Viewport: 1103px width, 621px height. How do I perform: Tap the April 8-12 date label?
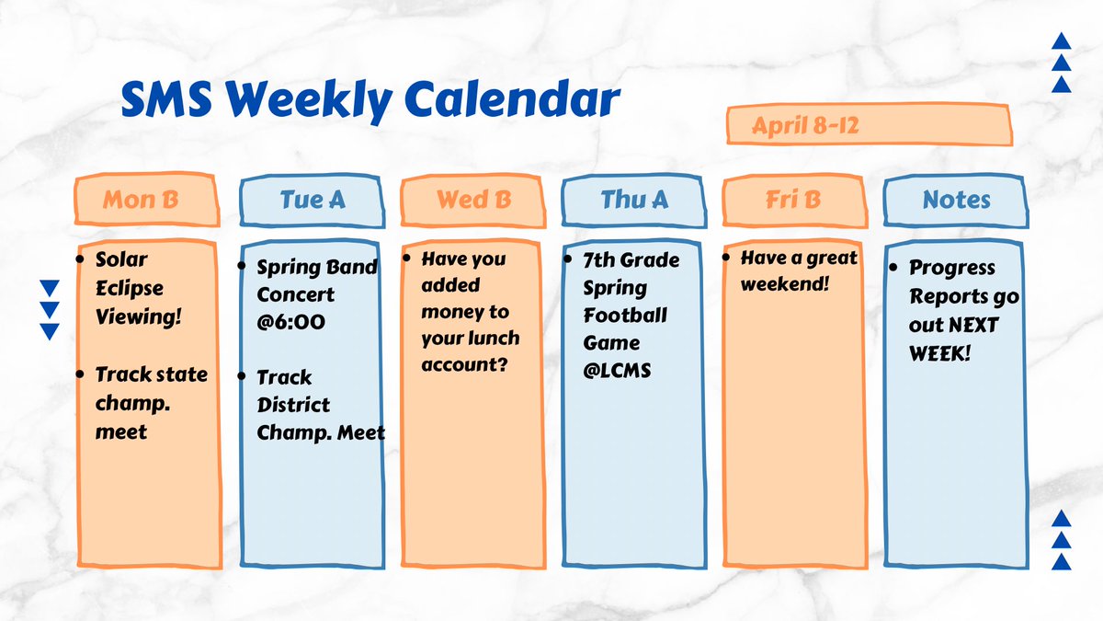805,126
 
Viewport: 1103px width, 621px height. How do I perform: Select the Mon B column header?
141,200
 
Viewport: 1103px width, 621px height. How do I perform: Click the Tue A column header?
313,200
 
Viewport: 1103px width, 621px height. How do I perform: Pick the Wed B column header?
473,200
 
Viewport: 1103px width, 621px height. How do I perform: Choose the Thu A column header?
634,200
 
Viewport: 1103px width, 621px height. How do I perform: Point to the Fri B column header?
794,200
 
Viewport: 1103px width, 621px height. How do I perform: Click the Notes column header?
956,200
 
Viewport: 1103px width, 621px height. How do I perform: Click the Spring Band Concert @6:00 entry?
316,294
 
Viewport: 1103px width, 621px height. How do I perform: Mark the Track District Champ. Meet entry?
320,405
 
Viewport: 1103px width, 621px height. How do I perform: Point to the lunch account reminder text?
470,313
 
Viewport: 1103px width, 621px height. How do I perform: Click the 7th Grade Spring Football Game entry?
631,316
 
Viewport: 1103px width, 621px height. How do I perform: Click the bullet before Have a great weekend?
729,259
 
